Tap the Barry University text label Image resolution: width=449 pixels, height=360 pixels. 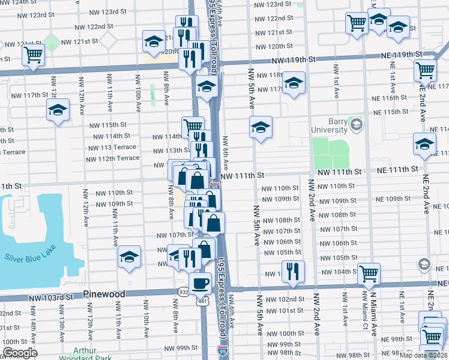coord(330,125)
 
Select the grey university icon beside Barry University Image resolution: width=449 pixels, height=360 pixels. coord(357,125)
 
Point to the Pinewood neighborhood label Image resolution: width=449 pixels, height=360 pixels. coord(104,295)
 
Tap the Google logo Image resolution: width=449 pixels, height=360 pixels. coord(19,353)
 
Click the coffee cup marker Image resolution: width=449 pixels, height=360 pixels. coord(200,282)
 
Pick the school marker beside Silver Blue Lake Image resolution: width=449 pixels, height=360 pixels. coord(129,257)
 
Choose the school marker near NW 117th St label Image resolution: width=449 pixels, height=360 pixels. coord(58,110)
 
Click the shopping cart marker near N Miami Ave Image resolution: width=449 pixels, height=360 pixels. coord(369,274)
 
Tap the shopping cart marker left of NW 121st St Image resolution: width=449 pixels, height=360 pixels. coord(33,56)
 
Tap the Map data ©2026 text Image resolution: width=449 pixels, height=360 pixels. coord(424,355)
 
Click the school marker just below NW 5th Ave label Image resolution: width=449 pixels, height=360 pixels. coord(261,127)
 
